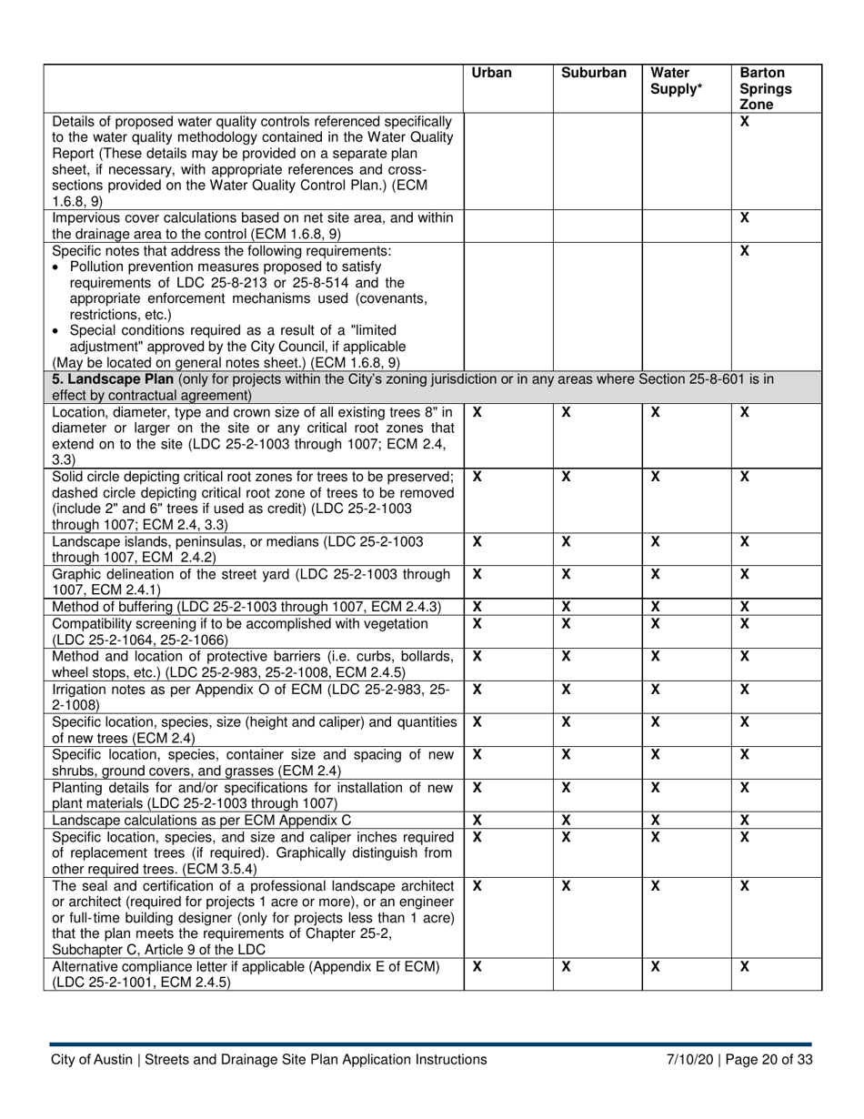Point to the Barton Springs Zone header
coord(764,88)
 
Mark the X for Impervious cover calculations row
coord(744,218)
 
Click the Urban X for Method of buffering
coord(477,607)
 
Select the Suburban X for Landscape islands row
coord(565,541)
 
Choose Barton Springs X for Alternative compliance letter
coord(744,969)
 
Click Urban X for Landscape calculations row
coord(477,820)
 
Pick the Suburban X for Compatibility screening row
coord(565,623)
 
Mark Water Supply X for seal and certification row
coord(656,886)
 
